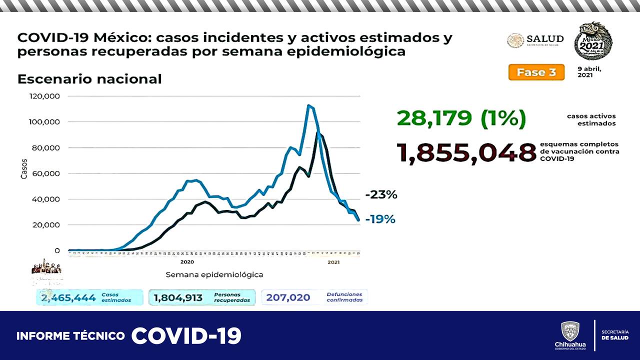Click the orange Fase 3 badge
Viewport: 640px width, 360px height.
tap(536, 72)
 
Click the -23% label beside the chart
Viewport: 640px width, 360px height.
tap(381, 195)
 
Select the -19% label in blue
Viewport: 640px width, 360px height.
tap(380, 219)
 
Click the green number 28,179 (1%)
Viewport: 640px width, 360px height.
tap(461, 118)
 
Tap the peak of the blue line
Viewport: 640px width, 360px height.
tap(308, 105)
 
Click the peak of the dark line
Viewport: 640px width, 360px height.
tap(319, 133)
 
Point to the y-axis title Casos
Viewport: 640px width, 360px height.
tap(24, 169)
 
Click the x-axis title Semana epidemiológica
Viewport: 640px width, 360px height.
tap(214, 274)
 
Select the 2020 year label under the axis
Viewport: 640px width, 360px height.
tap(187, 262)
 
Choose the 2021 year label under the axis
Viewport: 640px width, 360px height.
tap(333, 262)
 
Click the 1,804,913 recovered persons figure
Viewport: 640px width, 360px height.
tap(178, 298)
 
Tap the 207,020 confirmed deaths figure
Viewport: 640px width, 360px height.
tap(287, 298)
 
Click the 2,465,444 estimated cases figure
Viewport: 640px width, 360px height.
tap(68, 298)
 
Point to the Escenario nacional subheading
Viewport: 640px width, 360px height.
tap(89, 79)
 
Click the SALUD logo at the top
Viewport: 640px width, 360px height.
tap(535, 40)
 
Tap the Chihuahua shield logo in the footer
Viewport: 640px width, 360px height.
tap(570, 331)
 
